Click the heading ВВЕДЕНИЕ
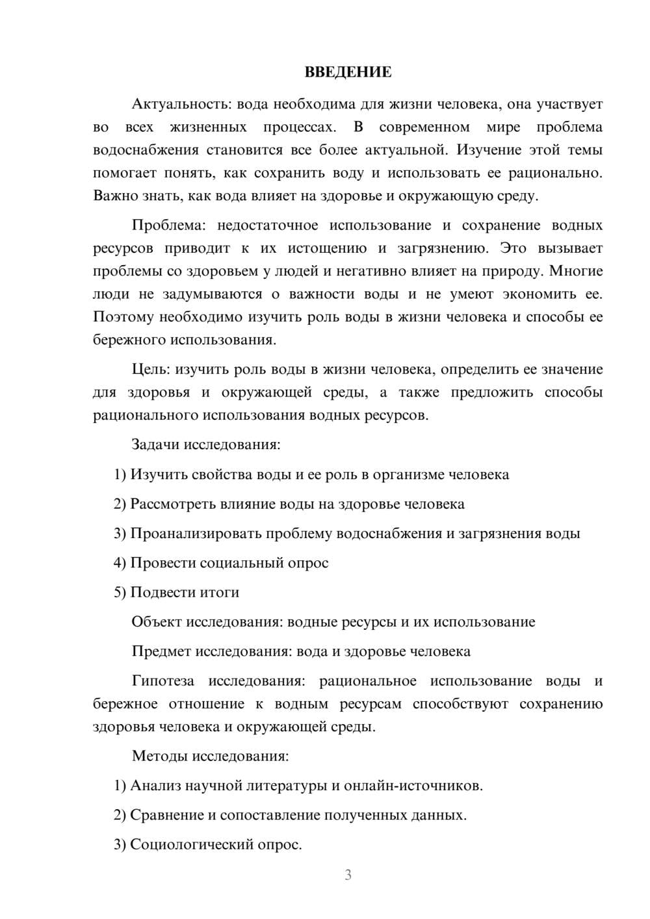(x=348, y=72)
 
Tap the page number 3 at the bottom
(x=348, y=875)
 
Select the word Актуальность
(x=181, y=104)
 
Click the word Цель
(x=151, y=369)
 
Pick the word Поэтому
(x=123, y=317)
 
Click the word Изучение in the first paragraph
(x=488, y=150)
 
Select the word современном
(x=424, y=127)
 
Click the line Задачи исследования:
(x=206, y=445)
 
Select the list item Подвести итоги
(x=185, y=592)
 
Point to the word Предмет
(x=161, y=651)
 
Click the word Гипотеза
(x=162, y=681)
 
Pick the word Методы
(x=157, y=756)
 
